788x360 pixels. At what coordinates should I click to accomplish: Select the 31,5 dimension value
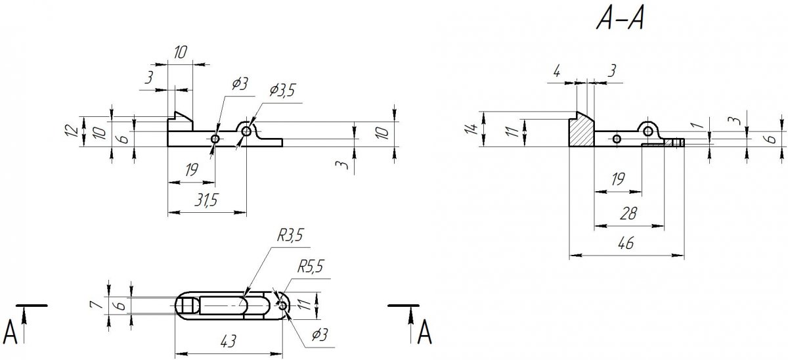(x=207, y=200)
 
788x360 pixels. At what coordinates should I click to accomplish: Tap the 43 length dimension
(x=228, y=341)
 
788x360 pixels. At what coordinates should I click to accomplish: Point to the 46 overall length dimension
(x=626, y=243)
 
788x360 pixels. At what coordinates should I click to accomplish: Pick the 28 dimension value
(x=628, y=214)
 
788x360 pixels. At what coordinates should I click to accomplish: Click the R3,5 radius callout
(x=290, y=235)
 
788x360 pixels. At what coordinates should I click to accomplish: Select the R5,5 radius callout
(x=310, y=267)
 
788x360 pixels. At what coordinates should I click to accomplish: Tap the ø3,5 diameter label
(x=282, y=90)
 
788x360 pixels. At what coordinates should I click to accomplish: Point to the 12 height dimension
(x=72, y=131)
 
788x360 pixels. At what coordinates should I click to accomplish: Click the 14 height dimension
(x=472, y=129)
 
